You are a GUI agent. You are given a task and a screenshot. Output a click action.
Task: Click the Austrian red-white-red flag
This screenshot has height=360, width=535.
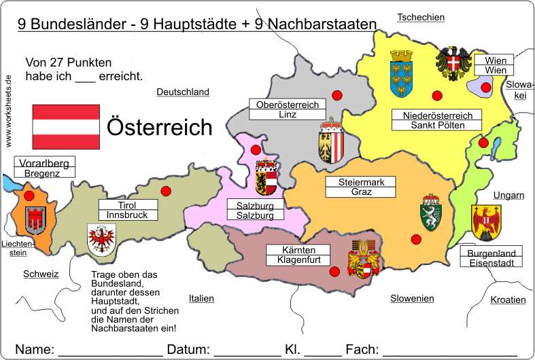[67, 127]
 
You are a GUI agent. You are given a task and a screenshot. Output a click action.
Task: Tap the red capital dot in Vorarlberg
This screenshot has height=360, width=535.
[29, 196]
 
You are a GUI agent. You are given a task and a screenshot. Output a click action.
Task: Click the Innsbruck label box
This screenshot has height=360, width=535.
[128, 215]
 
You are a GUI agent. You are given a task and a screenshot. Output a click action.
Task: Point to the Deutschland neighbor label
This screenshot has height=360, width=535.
[183, 92]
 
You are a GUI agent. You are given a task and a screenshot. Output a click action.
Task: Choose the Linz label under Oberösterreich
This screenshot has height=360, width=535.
[288, 115]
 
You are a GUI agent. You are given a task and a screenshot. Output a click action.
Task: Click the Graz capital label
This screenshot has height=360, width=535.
[362, 192]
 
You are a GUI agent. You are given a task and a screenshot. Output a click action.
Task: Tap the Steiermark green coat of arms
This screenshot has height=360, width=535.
[431, 213]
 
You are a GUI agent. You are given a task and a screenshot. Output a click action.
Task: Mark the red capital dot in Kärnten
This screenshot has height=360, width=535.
[334, 272]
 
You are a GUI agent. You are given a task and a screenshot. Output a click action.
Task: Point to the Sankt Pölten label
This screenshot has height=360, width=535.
[437, 125]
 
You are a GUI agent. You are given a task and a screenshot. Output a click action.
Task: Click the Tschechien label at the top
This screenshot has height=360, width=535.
[421, 17]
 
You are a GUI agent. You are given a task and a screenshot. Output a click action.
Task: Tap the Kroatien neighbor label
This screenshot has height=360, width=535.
[508, 300]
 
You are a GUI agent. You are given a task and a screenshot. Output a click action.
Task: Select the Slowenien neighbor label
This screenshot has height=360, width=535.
[412, 298]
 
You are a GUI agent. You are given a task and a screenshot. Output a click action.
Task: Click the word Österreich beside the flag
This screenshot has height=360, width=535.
[160, 127]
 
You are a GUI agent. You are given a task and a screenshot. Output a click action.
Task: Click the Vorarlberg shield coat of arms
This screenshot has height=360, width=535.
[35, 219]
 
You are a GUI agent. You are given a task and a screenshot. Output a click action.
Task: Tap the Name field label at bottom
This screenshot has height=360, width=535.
[35, 349]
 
